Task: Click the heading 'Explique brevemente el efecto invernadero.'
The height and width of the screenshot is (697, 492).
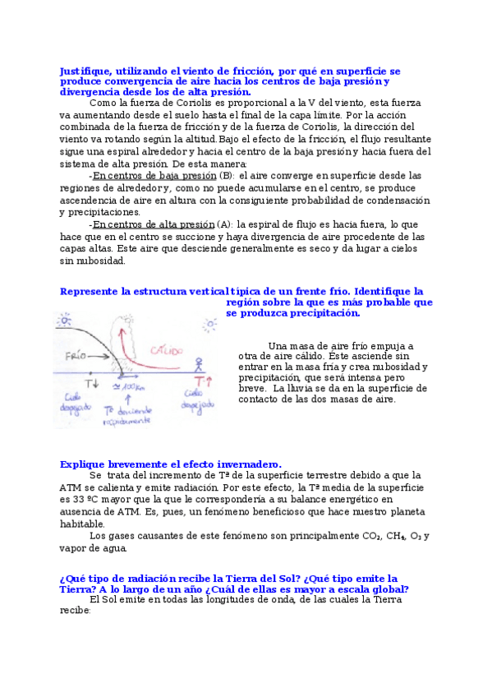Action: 170,464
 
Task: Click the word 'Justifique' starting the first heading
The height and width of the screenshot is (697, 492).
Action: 86,72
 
